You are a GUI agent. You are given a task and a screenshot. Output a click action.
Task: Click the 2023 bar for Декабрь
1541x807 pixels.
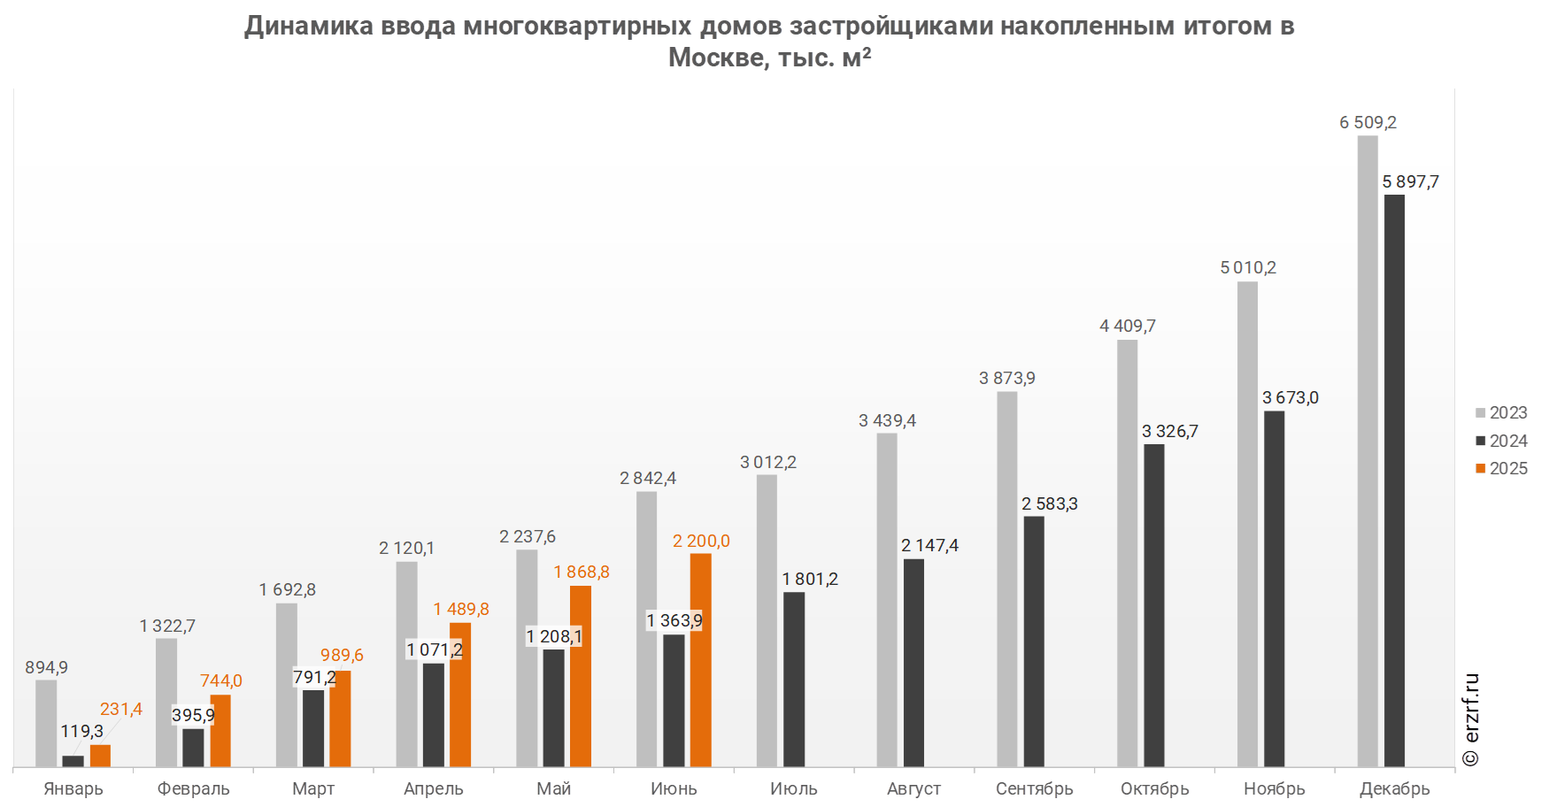[1368, 451]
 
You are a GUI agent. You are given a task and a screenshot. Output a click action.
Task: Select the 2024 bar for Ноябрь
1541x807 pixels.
[1275, 588]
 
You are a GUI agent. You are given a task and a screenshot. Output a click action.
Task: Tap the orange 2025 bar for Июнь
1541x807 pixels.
[700, 659]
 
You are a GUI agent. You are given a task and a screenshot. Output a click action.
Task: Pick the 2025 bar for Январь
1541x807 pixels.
[100, 756]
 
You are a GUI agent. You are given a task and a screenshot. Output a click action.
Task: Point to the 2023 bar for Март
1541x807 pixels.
[287, 685]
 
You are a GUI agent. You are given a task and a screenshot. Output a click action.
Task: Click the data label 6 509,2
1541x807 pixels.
[1368, 122]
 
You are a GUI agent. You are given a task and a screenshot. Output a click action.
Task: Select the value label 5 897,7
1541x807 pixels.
[1411, 181]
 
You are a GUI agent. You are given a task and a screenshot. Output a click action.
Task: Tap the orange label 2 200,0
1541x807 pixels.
[701, 541]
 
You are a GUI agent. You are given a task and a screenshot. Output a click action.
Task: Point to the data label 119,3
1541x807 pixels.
[81, 731]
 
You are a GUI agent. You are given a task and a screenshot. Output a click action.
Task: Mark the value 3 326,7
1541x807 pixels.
[1169, 431]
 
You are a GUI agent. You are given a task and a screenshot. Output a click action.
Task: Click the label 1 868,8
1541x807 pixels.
[582, 572]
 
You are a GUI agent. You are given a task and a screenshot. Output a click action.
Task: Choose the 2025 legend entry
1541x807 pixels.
[1502, 468]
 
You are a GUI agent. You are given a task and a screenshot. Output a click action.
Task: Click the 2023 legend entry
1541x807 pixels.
[1502, 412]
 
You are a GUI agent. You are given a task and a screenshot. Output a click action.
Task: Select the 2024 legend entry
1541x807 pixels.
[1502, 441]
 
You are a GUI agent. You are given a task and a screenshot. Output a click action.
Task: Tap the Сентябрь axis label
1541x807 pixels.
[1035, 788]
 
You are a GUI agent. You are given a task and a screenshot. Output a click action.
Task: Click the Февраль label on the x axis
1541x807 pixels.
[193, 788]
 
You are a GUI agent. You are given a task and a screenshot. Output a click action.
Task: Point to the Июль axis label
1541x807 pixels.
[794, 788]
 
